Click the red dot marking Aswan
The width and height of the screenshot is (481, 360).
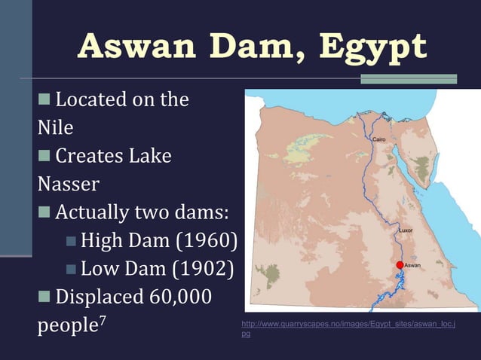click(x=400, y=265)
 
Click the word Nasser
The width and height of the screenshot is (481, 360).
click(x=68, y=184)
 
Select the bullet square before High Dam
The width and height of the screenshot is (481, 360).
click(x=72, y=242)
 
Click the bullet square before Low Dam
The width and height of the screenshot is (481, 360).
click(x=72, y=270)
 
